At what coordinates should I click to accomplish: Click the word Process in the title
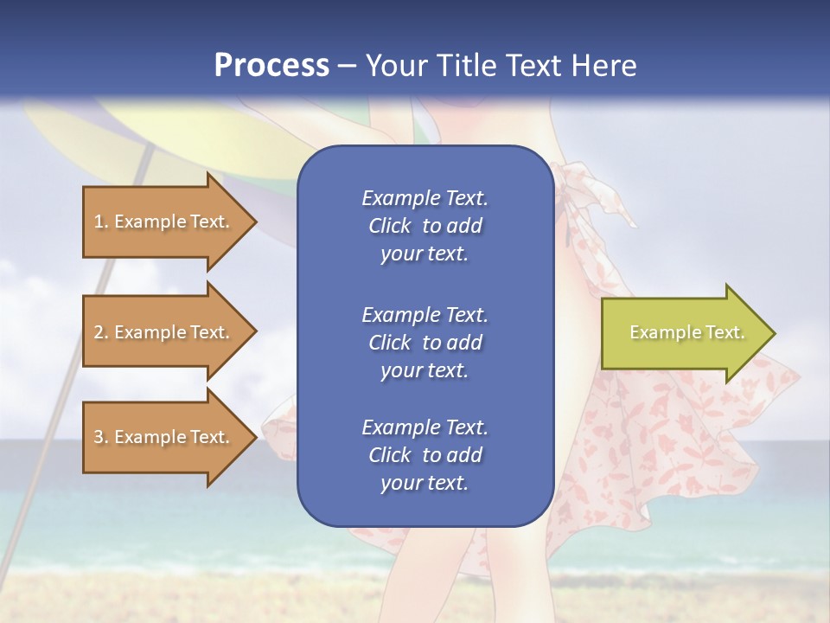pyautogui.click(x=271, y=66)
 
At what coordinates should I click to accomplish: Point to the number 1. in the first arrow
pyautogui.click(x=101, y=222)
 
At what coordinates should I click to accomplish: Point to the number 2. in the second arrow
pyautogui.click(x=101, y=332)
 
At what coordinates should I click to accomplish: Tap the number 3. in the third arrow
pyautogui.click(x=101, y=437)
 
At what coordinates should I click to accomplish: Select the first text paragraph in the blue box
pyautogui.click(x=425, y=226)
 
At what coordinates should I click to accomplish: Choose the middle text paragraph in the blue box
pyautogui.click(x=425, y=343)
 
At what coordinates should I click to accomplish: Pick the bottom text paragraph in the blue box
pyautogui.click(x=425, y=455)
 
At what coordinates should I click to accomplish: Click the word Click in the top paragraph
pyautogui.click(x=389, y=226)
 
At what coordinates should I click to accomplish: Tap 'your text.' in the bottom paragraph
pyautogui.click(x=425, y=483)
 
